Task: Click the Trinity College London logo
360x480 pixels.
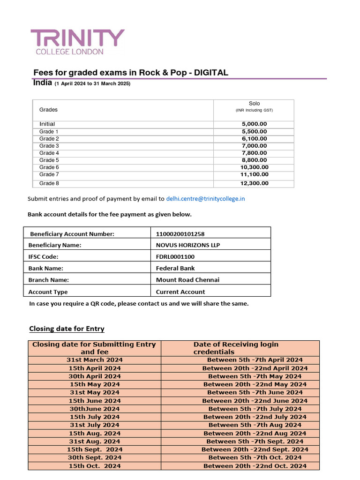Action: (77, 42)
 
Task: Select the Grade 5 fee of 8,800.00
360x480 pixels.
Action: (254, 160)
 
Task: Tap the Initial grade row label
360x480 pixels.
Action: (47, 124)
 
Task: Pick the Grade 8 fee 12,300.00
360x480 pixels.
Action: (254, 183)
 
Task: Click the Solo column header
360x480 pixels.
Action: (254, 104)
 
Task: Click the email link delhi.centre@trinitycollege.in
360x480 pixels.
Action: (205, 198)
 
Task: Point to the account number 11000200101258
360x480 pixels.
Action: (180, 233)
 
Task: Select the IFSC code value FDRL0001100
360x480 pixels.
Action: (175, 256)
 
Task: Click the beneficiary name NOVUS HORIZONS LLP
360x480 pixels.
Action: (187, 245)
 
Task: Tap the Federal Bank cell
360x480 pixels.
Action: (175, 268)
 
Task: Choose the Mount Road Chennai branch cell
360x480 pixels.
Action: (187, 280)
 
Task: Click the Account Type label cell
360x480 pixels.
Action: (48, 292)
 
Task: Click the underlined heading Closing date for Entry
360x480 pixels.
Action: (67, 328)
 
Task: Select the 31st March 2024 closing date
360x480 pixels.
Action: (94, 360)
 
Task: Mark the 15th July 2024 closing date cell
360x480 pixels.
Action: (94, 417)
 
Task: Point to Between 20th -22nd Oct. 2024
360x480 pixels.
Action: (255, 466)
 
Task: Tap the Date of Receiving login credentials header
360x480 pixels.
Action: (236, 348)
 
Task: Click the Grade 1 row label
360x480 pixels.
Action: (49, 132)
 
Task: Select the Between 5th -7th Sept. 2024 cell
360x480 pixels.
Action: (255, 441)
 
